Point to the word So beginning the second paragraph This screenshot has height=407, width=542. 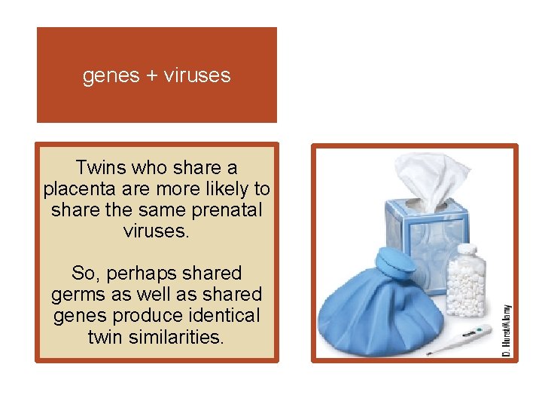[83, 273]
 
